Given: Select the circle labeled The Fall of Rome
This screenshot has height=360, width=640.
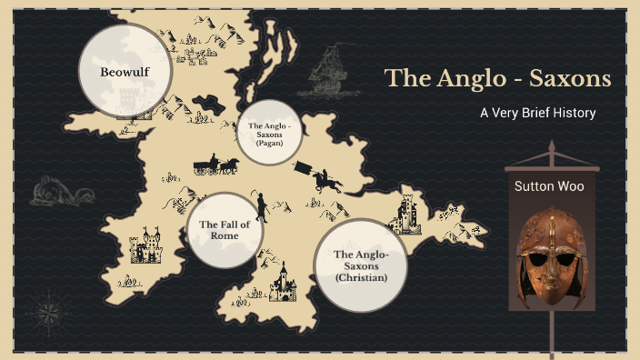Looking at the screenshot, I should coord(225,230).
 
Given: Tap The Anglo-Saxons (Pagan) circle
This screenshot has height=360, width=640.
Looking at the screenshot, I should coord(269,133).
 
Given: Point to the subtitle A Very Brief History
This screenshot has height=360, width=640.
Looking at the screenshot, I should coord(537,114).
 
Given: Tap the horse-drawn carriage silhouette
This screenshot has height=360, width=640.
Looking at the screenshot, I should coord(215,165).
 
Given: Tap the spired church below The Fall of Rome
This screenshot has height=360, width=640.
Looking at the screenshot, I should coord(282,283).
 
